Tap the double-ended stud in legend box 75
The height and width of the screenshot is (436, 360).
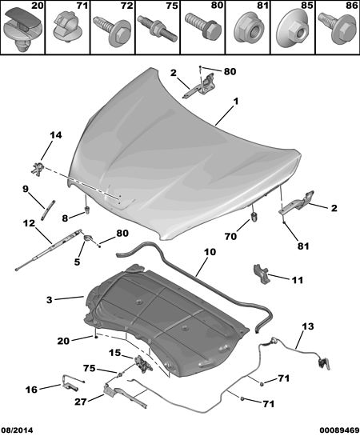tap(156, 29)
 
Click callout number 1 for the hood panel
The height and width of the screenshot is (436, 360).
tap(235, 102)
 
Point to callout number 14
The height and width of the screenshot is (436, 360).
tap(55, 135)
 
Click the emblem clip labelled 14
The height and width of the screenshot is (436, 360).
tap(38, 169)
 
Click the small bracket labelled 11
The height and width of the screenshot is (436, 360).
tap(261, 274)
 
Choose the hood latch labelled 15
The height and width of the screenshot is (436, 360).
tap(143, 363)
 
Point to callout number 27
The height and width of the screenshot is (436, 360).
tap(80, 402)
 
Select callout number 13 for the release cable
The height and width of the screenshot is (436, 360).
tap(308, 326)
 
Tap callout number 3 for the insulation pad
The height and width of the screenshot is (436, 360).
tap(50, 300)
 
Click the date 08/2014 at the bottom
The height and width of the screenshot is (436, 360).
tap(17, 430)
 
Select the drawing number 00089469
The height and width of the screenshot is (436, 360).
tap(339, 430)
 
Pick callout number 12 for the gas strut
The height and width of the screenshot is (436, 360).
tap(29, 223)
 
